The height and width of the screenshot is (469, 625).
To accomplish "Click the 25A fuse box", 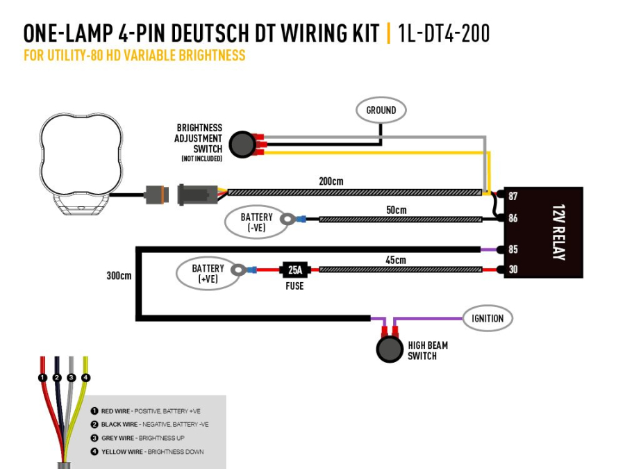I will pyautogui.click(x=294, y=270).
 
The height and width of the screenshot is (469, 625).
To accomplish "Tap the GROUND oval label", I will pyautogui.click(x=381, y=110).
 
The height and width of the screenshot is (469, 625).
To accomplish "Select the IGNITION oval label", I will pyautogui.click(x=487, y=318).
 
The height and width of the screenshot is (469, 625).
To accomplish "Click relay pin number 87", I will pyautogui.click(x=513, y=197).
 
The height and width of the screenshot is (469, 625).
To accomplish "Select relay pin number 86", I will pyautogui.click(x=513, y=218).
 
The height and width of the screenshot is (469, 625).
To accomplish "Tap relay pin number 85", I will pyautogui.click(x=513, y=249).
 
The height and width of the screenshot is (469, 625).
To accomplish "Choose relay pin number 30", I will pyautogui.click(x=513, y=270).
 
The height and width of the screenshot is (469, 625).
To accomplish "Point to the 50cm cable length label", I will pyautogui.click(x=396, y=209).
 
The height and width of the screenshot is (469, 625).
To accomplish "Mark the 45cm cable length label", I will pyautogui.click(x=396, y=260).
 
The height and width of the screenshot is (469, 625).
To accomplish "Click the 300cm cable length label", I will pyautogui.click(x=119, y=275).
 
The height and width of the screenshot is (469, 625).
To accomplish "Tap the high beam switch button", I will pyautogui.click(x=390, y=349).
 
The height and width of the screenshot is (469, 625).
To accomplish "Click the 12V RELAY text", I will pyautogui.click(x=558, y=232).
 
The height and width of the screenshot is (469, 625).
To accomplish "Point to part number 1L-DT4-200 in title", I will pyautogui.click(x=444, y=33).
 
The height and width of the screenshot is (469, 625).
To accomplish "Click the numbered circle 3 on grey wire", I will pyautogui.click(x=72, y=377).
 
